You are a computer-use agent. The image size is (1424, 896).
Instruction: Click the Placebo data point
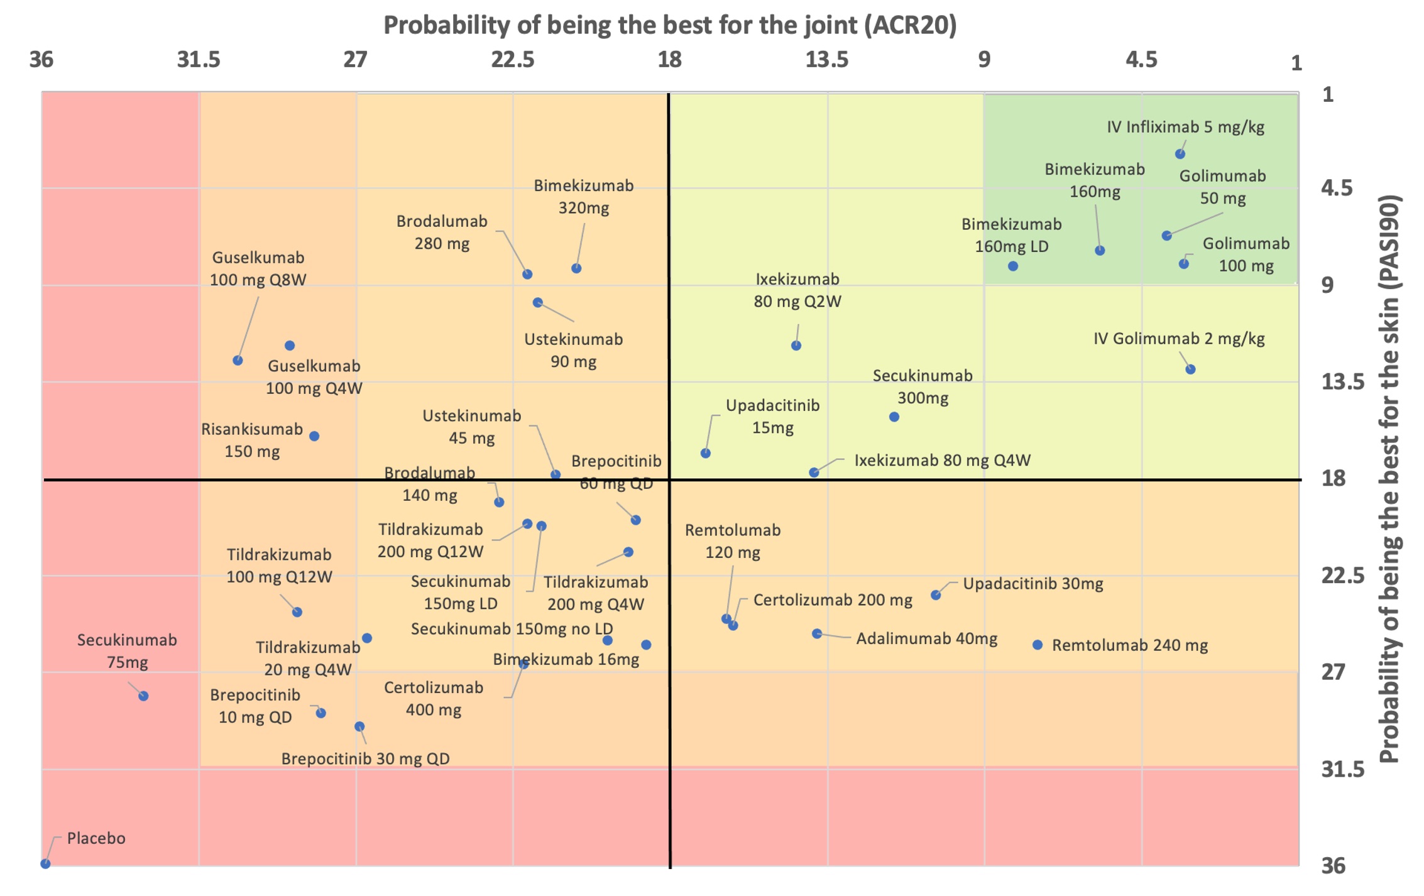pos(45,864)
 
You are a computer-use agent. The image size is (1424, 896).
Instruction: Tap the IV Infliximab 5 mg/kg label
pos(1185,127)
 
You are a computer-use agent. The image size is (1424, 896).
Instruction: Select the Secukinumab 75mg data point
pos(143,696)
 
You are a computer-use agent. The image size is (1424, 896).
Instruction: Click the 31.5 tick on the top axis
pos(199,60)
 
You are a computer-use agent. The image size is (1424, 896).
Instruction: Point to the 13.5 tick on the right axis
pos(1343,382)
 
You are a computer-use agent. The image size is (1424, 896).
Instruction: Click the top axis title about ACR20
pos(670,26)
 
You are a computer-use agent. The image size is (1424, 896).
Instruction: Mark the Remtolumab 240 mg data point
pos(1038,645)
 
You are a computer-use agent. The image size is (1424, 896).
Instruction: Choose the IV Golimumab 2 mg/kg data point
pos(1190,369)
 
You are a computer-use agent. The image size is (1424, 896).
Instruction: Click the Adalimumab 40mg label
pos(926,639)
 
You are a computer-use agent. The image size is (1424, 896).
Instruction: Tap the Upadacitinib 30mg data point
pos(936,595)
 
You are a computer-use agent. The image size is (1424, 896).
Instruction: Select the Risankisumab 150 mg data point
pos(314,436)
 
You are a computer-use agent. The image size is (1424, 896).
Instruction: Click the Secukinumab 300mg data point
pos(894,417)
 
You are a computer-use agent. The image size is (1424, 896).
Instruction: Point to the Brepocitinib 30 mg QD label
pos(365,759)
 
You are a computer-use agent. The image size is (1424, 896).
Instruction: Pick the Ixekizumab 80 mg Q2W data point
pos(796,346)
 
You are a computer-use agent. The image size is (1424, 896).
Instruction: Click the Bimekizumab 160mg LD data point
pos(1013,266)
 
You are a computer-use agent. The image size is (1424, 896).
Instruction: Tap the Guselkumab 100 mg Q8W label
pos(258,269)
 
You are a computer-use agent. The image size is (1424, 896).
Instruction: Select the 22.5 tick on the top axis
pos(513,60)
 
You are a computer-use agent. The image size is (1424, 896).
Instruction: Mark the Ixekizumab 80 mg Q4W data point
pos(814,473)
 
